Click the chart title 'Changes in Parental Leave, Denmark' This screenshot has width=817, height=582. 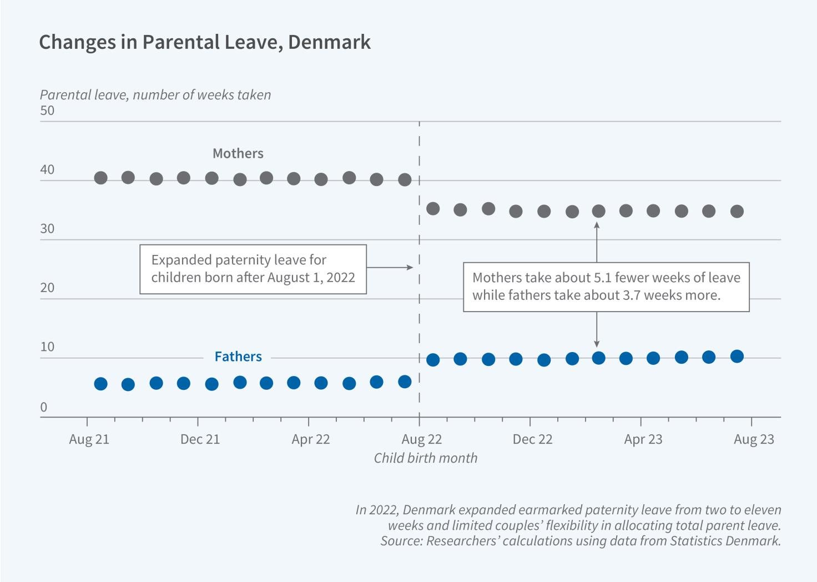[204, 42]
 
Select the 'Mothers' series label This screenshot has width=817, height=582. [238, 153]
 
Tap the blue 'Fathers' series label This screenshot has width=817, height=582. [238, 357]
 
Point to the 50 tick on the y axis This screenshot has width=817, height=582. [47, 111]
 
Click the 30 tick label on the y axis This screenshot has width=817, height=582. [47, 229]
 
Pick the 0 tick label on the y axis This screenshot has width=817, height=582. [44, 408]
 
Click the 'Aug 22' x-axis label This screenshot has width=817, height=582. [422, 439]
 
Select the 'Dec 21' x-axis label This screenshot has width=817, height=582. [200, 439]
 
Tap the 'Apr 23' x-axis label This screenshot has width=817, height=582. [643, 439]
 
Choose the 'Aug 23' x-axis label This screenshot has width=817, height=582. [753, 439]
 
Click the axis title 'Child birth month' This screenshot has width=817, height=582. [425, 458]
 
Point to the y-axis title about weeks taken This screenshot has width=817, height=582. [155, 95]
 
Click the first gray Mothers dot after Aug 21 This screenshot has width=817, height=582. [100, 178]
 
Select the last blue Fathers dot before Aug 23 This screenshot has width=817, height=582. [737, 356]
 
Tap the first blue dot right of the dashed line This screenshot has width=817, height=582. [433, 359]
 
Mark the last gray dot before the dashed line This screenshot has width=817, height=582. [405, 179]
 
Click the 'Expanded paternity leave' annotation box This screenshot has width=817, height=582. [253, 269]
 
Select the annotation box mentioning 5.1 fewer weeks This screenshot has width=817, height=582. [606, 287]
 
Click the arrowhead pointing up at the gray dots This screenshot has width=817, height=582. [597, 225]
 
